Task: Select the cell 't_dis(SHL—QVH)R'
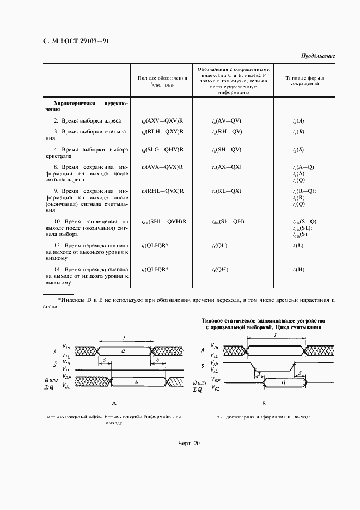coord(164,221)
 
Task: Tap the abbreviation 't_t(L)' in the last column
coord(298,246)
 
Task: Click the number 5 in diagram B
coord(301,373)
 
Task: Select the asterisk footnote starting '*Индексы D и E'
coord(196,303)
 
